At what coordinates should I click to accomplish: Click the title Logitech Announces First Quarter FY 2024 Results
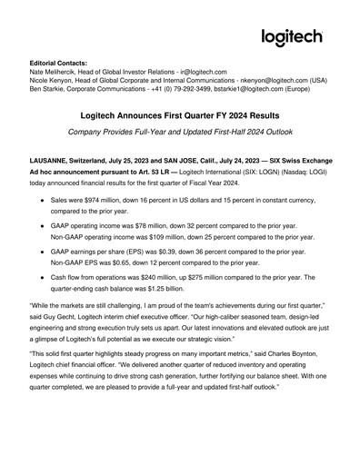coord(179,130)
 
